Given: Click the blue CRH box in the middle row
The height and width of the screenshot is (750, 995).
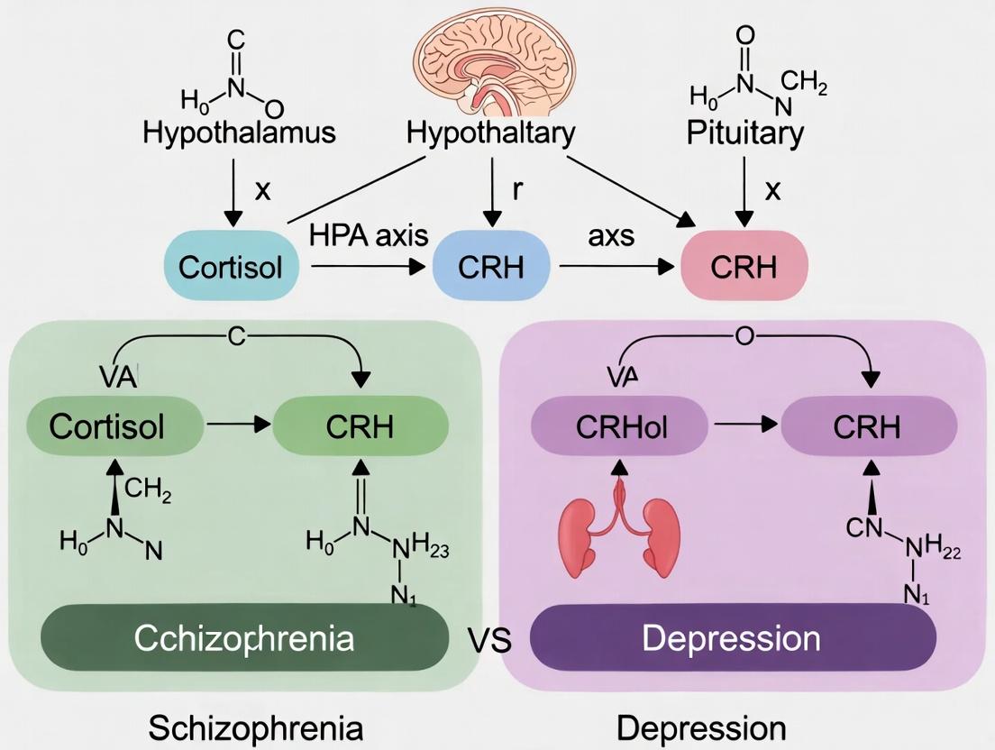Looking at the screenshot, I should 490,267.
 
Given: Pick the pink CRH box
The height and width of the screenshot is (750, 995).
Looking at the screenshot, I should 744,267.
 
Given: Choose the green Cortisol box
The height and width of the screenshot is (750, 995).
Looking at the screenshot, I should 107,426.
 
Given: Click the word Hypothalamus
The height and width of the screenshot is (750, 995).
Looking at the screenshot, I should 239,133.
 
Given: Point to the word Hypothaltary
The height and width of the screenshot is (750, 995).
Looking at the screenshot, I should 491,133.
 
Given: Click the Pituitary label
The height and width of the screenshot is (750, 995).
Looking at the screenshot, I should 744,133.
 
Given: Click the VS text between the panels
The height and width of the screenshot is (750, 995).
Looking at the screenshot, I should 489,641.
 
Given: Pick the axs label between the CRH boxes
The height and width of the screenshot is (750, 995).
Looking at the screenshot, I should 611,235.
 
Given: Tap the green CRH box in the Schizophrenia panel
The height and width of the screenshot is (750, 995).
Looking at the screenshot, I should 361,426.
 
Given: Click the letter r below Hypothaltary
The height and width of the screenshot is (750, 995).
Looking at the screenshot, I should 517,190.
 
